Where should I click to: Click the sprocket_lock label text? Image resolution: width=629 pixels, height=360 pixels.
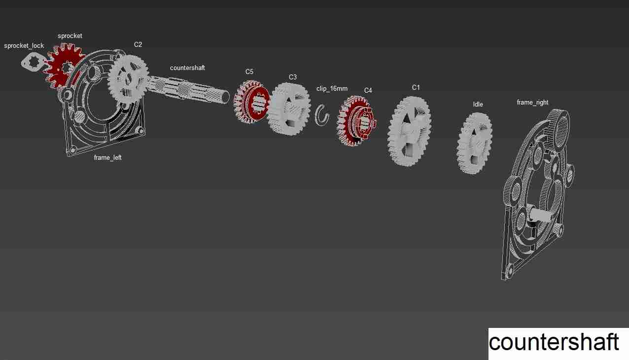[24, 46]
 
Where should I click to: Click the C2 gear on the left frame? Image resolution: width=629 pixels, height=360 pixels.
[128, 76]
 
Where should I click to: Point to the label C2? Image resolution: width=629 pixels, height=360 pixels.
[138, 44]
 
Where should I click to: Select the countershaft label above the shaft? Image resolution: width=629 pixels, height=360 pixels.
[187, 68]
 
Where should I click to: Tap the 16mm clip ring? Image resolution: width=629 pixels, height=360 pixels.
[322, 115]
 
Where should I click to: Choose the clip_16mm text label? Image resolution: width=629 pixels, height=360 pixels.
[332, 89]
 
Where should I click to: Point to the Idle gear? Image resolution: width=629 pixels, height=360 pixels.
[475, 143]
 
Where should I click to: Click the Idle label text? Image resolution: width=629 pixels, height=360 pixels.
[478, 105]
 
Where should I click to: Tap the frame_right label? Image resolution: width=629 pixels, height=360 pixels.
[532, 103]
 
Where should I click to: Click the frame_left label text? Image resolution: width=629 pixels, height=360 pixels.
[107, 158]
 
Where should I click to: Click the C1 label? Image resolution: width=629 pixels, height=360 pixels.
[416, 87]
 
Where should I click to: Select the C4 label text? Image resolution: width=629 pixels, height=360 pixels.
[368, 90]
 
